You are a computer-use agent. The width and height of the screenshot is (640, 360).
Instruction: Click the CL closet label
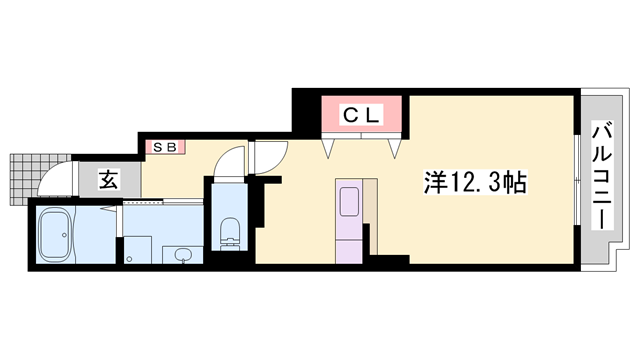362,115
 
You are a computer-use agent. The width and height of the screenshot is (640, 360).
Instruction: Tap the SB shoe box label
165,147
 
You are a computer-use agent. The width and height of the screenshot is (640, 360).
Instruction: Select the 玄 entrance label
109,180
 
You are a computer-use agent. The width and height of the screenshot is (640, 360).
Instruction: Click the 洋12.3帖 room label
475,182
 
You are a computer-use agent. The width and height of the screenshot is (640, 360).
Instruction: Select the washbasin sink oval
182,255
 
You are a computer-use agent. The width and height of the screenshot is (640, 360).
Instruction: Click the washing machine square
138,250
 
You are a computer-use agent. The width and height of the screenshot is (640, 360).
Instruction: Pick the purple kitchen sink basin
349,202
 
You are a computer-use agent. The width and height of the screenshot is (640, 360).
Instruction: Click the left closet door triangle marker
328,147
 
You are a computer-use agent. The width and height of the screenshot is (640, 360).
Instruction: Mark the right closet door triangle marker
394,148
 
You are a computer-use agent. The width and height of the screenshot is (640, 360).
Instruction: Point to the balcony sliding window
577,180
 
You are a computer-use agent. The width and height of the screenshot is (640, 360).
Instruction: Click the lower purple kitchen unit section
349,252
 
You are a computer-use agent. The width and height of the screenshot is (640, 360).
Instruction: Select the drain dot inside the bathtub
64,235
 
